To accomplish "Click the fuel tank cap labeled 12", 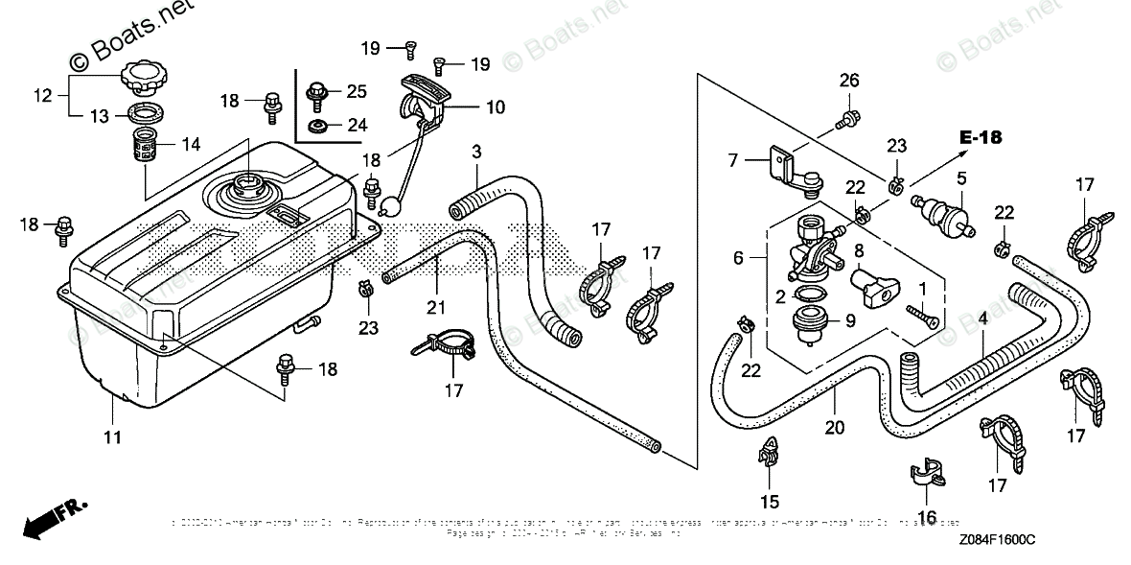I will click(x=145, y=74).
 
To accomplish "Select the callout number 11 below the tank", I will click(x=113, y=437).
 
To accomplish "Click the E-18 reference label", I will click(x=981, y=138).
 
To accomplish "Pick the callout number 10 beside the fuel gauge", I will click(x=495, y=107).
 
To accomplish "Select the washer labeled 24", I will click(x=315, y=126).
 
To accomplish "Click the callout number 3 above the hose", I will click(x=476, y=152).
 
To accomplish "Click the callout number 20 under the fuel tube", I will click(x=834, y=428).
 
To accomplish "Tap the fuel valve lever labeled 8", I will click(x=871, y=286).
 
